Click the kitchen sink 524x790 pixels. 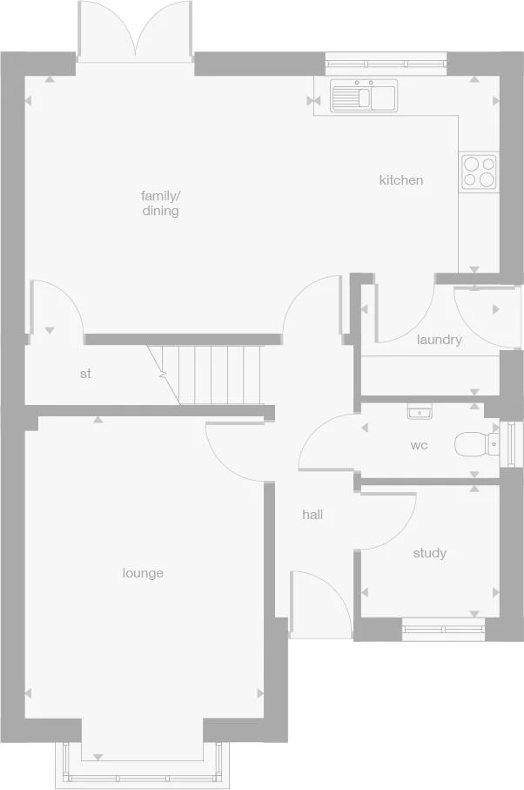(364, 95)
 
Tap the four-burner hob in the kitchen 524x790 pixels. (479, 172)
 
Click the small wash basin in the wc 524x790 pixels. (419, 412)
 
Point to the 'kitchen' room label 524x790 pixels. (401, 180)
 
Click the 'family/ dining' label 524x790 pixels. (160, 203)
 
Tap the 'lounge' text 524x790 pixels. (143, 573)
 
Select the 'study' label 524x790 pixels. (430, 553)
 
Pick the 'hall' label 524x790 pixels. (312, 515)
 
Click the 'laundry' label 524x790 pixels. (440, 340)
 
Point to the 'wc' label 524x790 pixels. (420, 445)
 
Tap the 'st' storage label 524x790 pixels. (85, 374)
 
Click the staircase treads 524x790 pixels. (212, 375)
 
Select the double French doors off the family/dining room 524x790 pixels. (135, 31)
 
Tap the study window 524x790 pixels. (444, 629)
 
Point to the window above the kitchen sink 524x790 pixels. (386, 64)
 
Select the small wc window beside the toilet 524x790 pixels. (510, 444)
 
